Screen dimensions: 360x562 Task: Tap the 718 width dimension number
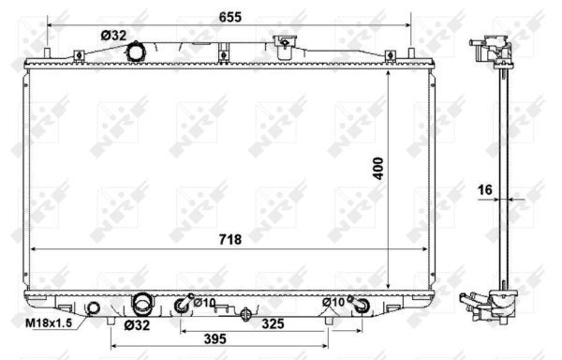point(229,239)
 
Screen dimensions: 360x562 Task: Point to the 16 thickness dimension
point(485,190)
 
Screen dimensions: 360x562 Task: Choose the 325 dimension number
point(273,323)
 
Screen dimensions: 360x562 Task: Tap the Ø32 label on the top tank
point(113,35)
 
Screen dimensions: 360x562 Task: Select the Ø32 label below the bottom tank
point(138,326)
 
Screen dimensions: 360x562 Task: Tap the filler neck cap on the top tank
point(282,41)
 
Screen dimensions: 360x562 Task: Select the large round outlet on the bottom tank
point(142,304)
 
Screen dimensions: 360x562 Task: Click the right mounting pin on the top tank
point(410,53)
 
